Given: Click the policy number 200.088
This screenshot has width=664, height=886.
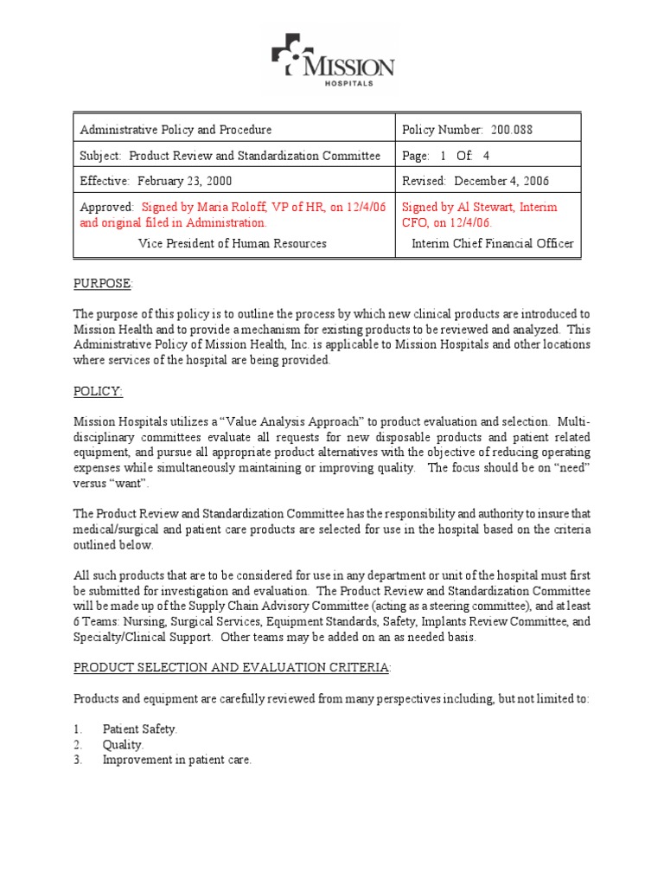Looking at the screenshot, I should tap(512, 130).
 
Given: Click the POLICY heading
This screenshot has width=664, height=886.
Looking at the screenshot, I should tap(98, 392).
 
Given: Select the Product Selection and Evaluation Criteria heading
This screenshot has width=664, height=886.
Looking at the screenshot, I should tap(232, 667).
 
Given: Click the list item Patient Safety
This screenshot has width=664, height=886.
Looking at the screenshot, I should tap(139, 729).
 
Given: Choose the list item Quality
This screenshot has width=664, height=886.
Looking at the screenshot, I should tap(123, 744).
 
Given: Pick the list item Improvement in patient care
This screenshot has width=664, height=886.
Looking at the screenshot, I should tap(176, 760).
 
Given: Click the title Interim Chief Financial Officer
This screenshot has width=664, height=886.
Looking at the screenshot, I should tap(491, 244).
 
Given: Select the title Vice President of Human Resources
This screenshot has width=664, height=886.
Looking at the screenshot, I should tap(233, 244).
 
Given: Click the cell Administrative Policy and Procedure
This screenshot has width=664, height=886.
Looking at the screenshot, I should tap(176, 130).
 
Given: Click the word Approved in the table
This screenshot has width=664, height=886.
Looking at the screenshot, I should tap(105, 208).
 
